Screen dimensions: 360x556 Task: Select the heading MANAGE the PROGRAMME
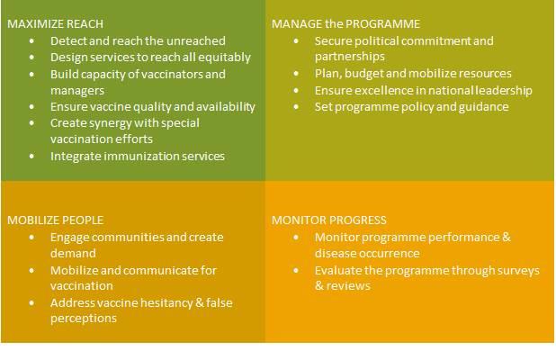345,24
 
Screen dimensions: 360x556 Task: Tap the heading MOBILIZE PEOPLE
55,220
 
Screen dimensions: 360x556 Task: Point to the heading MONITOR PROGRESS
329,220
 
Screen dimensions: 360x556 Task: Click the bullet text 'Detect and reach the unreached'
138,41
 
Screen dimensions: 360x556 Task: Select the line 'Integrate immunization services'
138,157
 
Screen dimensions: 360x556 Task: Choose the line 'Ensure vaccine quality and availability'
153,107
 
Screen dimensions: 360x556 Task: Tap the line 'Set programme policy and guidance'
411,107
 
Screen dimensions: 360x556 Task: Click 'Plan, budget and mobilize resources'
413,74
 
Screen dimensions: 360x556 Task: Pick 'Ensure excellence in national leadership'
423,90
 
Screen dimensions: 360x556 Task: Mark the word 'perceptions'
84,319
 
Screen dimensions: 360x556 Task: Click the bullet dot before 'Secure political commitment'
296,41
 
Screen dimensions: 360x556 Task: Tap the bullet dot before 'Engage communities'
31,238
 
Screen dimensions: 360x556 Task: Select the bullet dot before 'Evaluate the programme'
296,270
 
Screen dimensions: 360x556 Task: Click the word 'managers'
78,91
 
